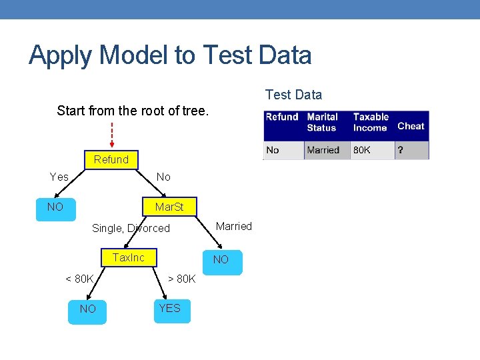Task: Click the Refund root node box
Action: pyautogui.click(x=111, y=160)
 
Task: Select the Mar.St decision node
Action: pyautogui.click(x=169, y=207)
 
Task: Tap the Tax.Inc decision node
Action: pyautogui.click(x=129, y=258)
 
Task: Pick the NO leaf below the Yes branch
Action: pyautogui.click(x=55, y=207)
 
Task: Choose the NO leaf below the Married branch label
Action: pyautogui.click(x=221, y=261)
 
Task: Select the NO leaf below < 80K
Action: pyautogui.click(x=87, y=310)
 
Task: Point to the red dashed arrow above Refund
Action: pyautogui.click(x=111, y=134)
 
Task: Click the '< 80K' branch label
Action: pyautogui.click(x=79, y=279)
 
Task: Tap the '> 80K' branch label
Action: pyautogui.click(x=181, y=279)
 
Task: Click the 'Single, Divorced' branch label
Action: pyautogui.click(x=131, y=228)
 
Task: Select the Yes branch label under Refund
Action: pyautogui.click(x=59, y=177)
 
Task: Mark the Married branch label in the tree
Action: pyautogui.click(x=234, y=226)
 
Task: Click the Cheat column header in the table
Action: pyautogui.click(x=411, y=126)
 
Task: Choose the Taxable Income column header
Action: pyautogui.click(x=371, y=122)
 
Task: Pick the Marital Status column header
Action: pyautogui.click(x=322, y=122)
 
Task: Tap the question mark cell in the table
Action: pyautogui.click(x=401, y=150)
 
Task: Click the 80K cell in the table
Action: pyautogui.click(x=362, y=150)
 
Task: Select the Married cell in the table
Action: pyautogui.click(x=323, y=150)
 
